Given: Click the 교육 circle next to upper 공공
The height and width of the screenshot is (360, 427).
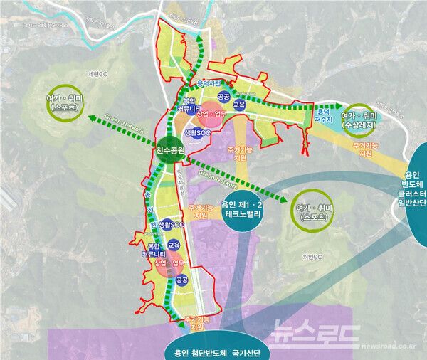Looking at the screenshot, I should coord(239,105).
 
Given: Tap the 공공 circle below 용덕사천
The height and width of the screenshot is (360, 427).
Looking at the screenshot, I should coord(223,95).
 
